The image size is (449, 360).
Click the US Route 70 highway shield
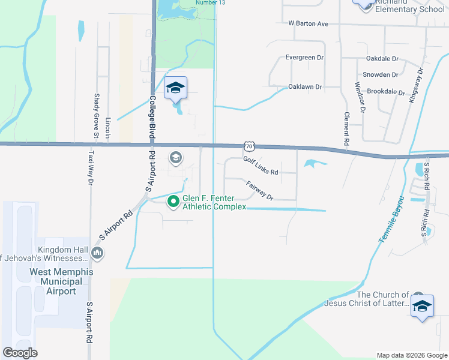249,146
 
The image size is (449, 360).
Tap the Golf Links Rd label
261,166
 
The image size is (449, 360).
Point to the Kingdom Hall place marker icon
97,254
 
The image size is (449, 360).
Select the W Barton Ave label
308,23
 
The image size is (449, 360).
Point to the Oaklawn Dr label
305,87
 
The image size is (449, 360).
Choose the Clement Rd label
346,130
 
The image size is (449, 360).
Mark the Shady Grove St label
96,115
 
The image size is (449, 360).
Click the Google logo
20,353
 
